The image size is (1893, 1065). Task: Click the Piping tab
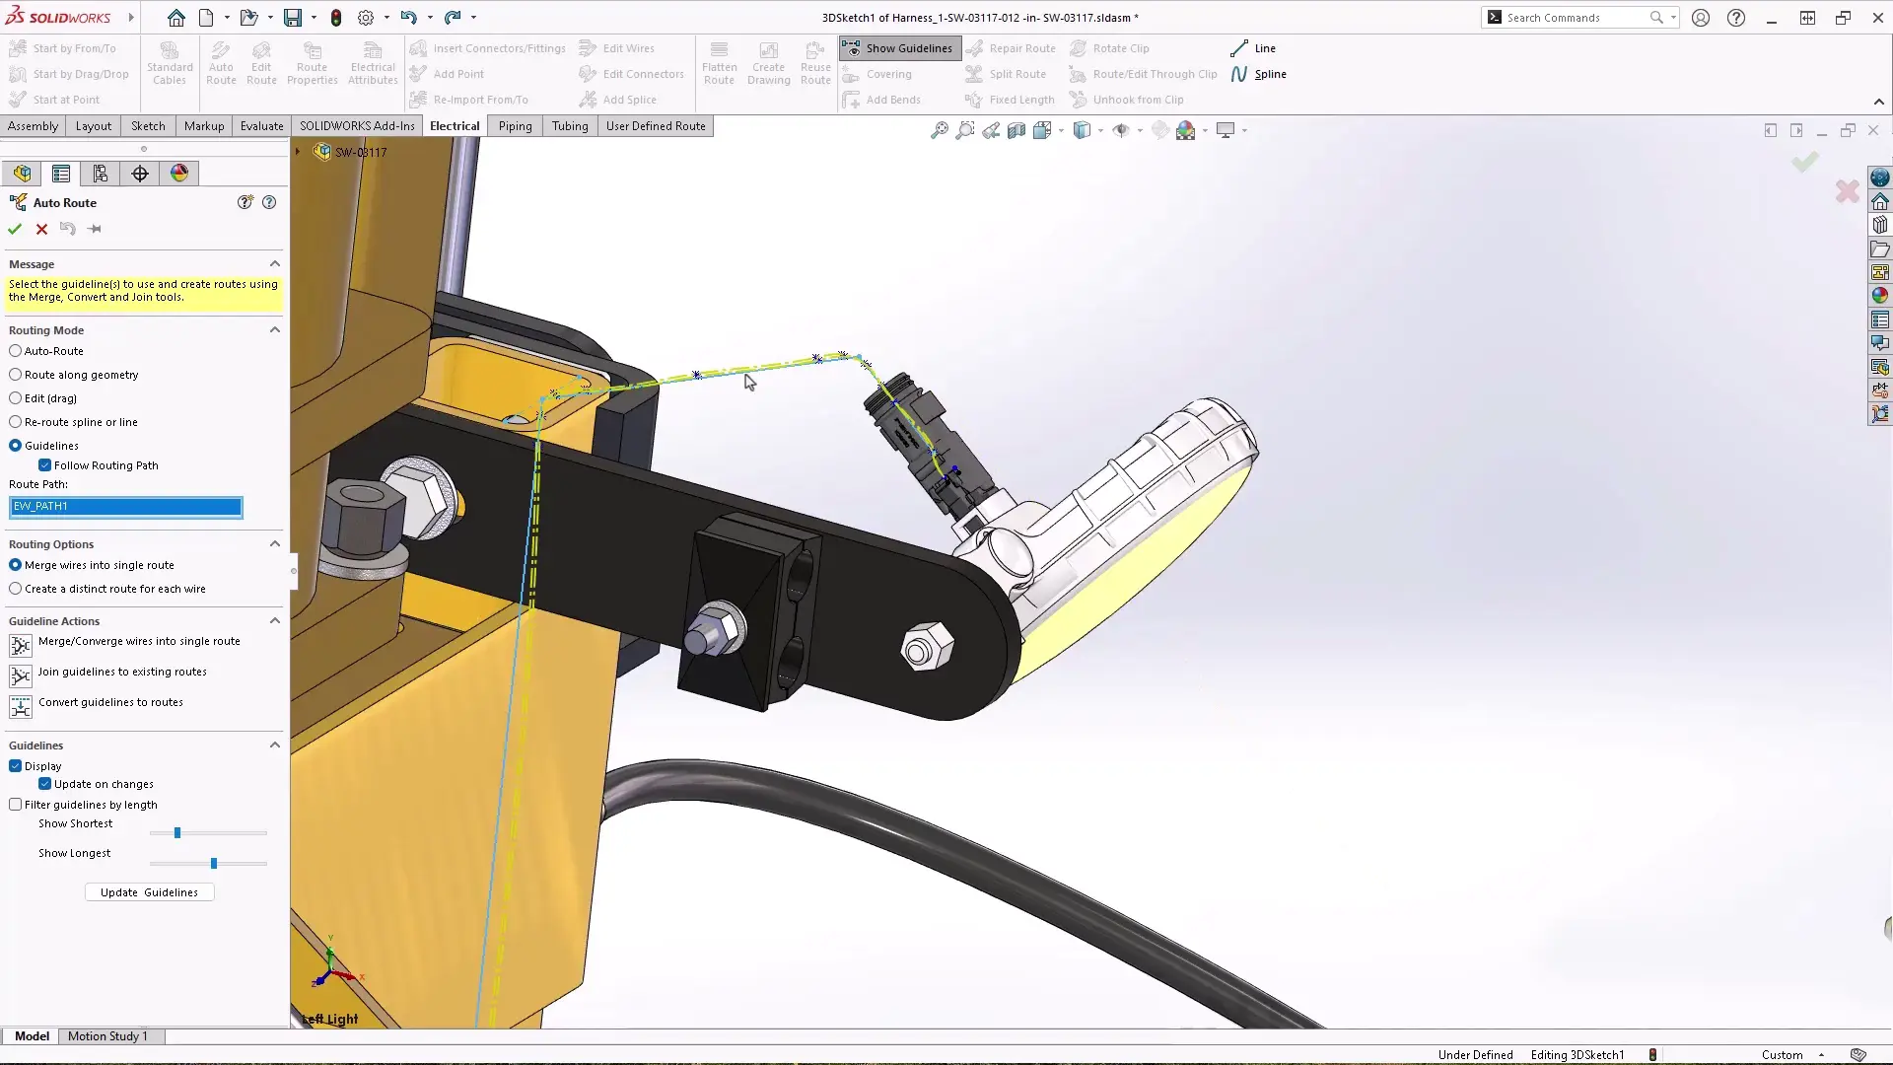[515, 126]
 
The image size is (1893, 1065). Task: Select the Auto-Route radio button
[16, 351]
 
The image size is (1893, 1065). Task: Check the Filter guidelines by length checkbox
[16, 805]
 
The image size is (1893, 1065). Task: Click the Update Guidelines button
[149, 892]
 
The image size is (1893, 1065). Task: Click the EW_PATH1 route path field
[125, 507]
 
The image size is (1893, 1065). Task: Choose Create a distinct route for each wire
[16, 589]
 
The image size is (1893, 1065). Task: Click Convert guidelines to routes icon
[21, 707]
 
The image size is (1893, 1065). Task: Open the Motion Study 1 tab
[107, 1036]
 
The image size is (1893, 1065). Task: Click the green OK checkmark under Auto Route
[15, 229]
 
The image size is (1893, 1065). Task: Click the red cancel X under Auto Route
[41, 229]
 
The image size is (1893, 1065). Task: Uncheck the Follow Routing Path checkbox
[45, 465]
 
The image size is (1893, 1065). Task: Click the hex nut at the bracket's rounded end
[927, 649]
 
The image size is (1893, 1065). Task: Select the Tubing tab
[570, 126]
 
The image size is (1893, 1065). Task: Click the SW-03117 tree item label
[361, 152]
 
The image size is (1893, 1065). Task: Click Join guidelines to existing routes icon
[21, 676]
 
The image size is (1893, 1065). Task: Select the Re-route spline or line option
[16, 422]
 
